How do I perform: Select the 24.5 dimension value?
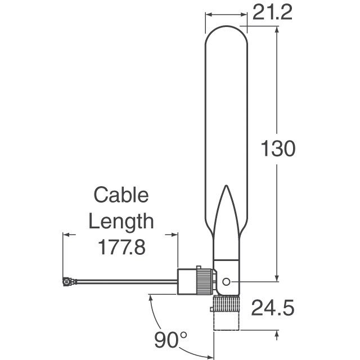(x=273, y=308)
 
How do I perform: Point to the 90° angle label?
(x=171, y=339)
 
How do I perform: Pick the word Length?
(x=121, y=221)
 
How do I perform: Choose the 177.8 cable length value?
(x=121, y=247)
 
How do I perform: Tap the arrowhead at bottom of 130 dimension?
(x=276, y=278)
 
